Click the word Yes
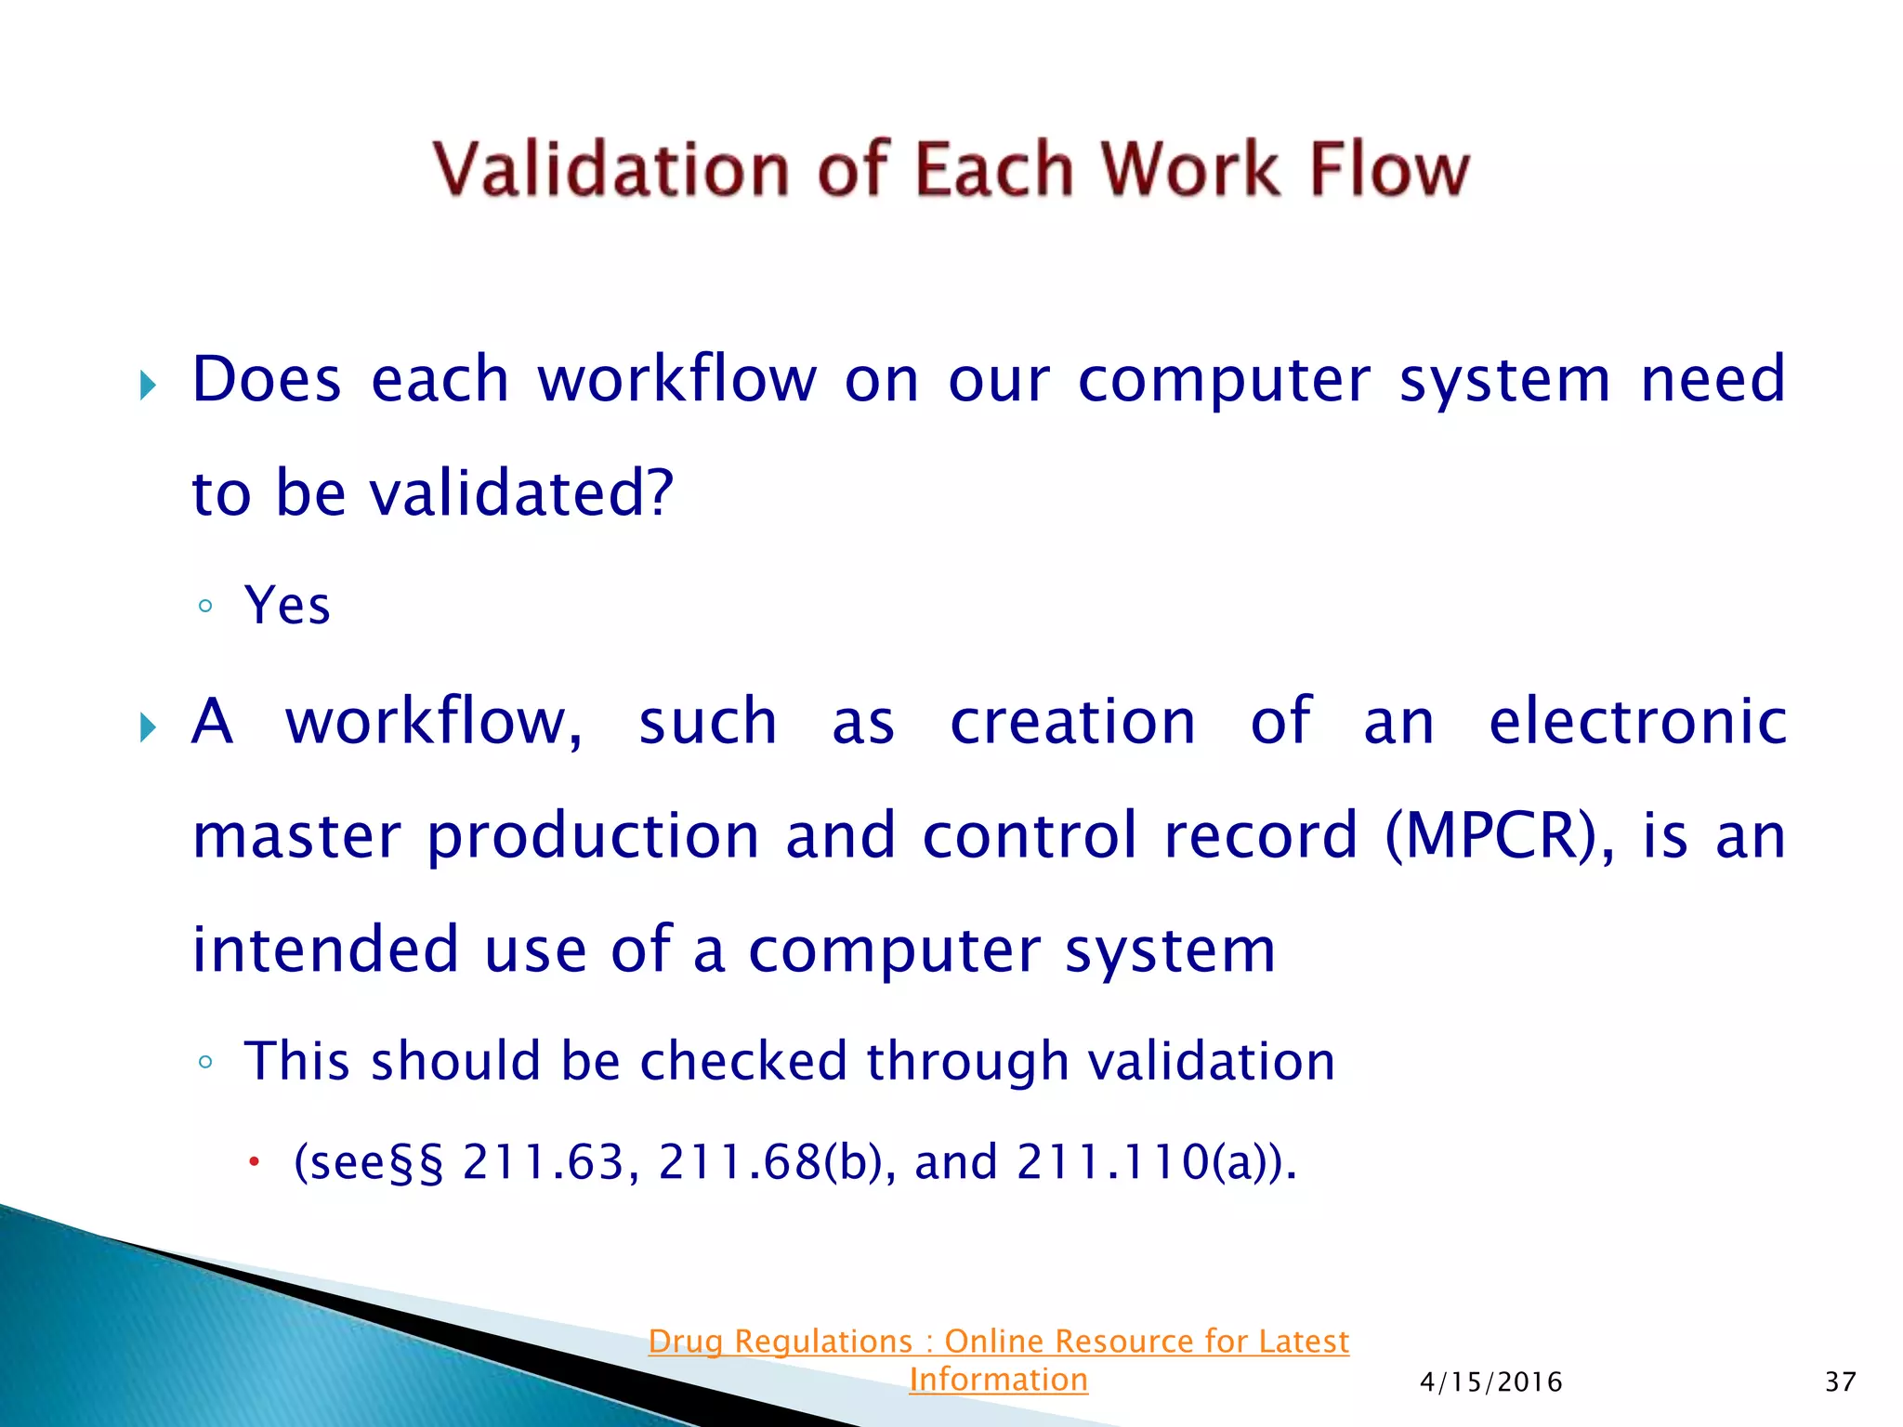(287, 606)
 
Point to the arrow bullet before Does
(148, 384)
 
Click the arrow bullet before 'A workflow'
(148, 727)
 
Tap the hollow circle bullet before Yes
(206, 608)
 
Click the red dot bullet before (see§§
(254, 1161)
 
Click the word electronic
(1637, 722)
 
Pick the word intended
(325, 949)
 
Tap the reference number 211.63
(543, 1162)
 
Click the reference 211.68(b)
(769, 1162)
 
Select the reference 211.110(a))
(1155, 1162)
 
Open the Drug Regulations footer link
(998, 1342)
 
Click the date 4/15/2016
(1490, 1382)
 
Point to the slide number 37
(1840, 1382)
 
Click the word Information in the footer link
(998, 1380)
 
